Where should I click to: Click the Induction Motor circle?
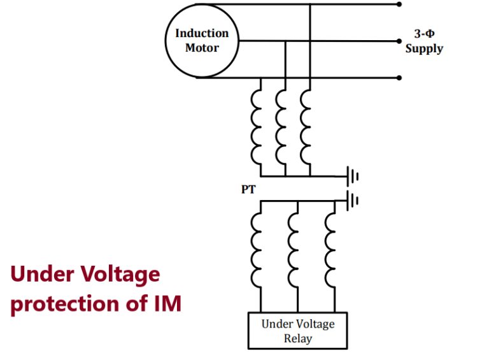[x=202, y=41]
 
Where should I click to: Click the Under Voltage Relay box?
[x=297, y=331]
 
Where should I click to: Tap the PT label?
[x=248, y=190]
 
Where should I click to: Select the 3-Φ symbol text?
[x=424, y=34]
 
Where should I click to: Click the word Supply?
[x=424, y=48]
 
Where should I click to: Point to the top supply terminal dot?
[x=399, y=4]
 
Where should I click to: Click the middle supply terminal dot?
[x=399, y=41]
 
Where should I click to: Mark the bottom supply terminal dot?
[x=399, y=78]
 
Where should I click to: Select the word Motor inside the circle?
[x=202, y=48]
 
